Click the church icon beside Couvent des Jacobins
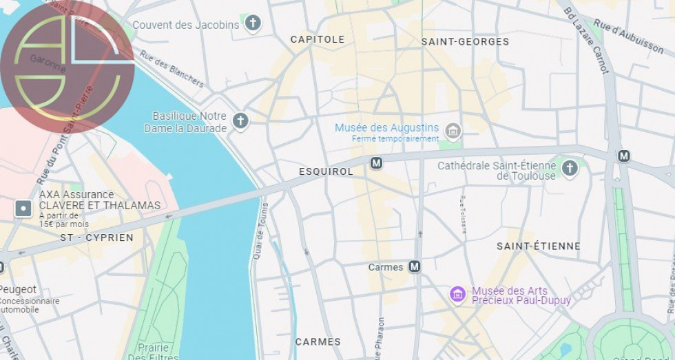click(253, 24)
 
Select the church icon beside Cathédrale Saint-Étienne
click(569, 168)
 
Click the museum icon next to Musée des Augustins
click(453, 131)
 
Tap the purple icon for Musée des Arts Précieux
click(457, 295)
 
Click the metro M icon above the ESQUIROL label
click(376, 163)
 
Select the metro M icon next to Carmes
click(414, 266)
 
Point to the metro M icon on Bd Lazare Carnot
click(623, 156)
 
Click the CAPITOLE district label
click(317, 39)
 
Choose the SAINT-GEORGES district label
click(465, 41)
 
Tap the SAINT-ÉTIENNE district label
click(539, 246)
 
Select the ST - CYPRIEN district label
click(96, 237)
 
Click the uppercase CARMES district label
click(318, 341)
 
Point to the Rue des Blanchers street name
click(172, 69)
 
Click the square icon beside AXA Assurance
click(23, 208)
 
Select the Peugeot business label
click(18, 290)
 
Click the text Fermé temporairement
click(395, 138)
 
